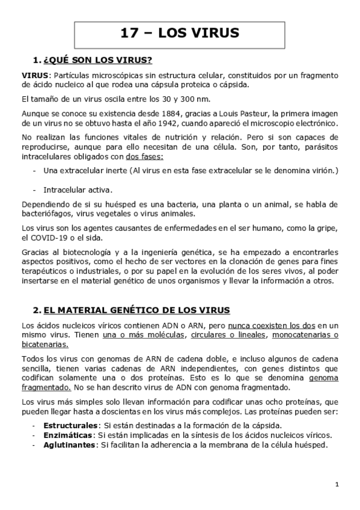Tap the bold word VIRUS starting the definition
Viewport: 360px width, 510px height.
(34, 75)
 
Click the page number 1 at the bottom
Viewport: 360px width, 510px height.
(337, 485)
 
